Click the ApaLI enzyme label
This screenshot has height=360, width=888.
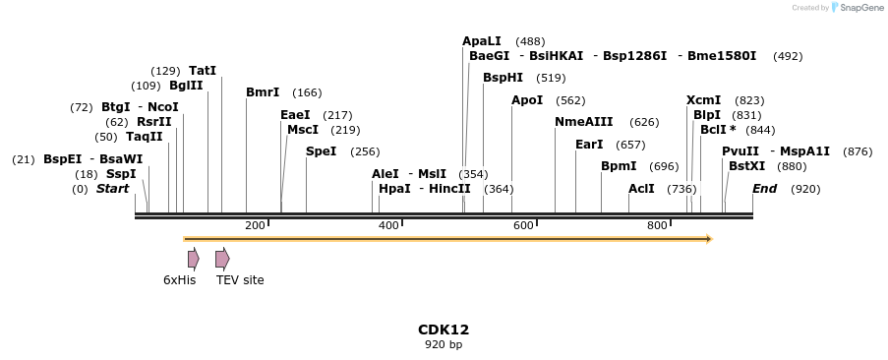point(482,41)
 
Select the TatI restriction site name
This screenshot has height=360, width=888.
point(203,71)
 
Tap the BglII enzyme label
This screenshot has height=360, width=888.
point(186,86)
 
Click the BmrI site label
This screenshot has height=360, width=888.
point(263,92)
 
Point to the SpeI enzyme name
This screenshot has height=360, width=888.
point(321,151)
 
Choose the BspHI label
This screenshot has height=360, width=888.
point(503,78)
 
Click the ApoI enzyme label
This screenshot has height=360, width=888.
point(527,100)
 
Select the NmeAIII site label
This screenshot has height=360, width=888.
point(584,122)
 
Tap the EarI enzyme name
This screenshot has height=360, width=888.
point(589,145)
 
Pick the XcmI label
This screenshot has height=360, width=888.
point(704,100)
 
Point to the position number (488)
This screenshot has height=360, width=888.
point(530,41)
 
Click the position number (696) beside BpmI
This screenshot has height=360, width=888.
point(665,166)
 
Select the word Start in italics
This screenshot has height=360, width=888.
point(112,189)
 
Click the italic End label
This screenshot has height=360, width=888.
point(765,189)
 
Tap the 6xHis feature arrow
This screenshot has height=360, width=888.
point(193,259)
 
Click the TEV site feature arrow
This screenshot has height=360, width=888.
point(222,259)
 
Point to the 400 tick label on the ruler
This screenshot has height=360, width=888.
point(388,226)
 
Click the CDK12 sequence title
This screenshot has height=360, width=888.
point(444,330)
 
